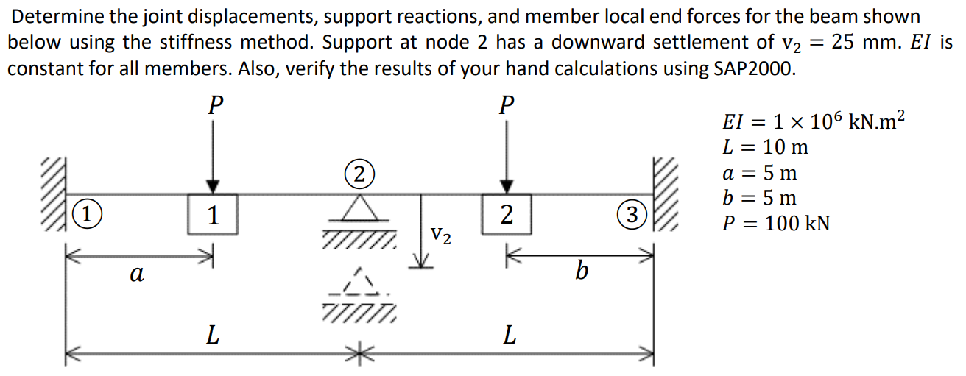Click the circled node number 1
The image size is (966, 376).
(x=86, y=216)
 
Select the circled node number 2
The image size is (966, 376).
(x=358, y=175)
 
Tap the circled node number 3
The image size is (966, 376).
(x=630, y=215)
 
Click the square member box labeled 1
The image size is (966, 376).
(x=213, y=215)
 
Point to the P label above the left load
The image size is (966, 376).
(x=214, y=104)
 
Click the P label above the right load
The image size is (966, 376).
(x=505, y=104)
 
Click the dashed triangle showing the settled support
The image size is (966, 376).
(x=359, y=283)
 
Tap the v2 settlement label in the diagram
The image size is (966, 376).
(x=441, y=235)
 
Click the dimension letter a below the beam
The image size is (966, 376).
(x=135, y=273)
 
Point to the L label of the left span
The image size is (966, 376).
(x=212, y=336)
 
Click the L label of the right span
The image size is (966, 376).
(x=508, y=336)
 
